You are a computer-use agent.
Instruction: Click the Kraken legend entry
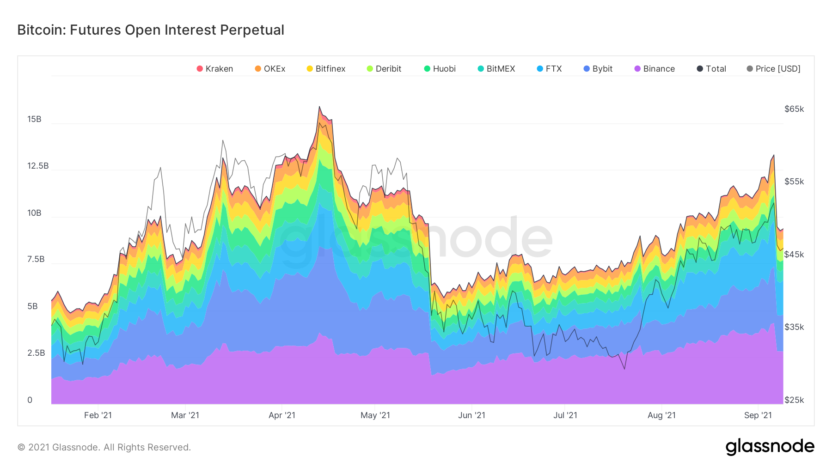pos(215,69)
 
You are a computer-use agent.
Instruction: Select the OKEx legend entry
pos(270,69)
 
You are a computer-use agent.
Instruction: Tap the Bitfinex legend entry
pos(326,69)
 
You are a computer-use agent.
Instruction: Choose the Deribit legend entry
pos(384,69)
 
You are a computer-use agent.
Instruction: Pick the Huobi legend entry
pos(440,69)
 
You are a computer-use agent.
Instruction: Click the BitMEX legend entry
pos(496,69)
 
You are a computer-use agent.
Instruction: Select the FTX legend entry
pos(550,69)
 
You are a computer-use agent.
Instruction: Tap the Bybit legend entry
pos(598,69)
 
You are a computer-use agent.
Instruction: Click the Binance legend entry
pos(655,69)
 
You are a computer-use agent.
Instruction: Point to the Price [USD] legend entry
pos(774,69)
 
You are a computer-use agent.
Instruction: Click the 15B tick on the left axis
pos(34,119)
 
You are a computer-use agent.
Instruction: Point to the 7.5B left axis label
pos(36,259)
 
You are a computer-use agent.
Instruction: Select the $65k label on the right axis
pos(794,109)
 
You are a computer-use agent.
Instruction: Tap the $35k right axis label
pos(794,327)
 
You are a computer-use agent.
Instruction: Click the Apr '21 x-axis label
pos(282,415)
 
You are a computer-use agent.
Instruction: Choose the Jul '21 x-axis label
pos(565,415)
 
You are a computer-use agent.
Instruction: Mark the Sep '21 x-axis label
pos(758,415)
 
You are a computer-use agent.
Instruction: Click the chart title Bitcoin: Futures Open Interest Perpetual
pos(151,30)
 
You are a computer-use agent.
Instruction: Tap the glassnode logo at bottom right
pos(770,447)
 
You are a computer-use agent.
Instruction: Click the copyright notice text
pos(104,447)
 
